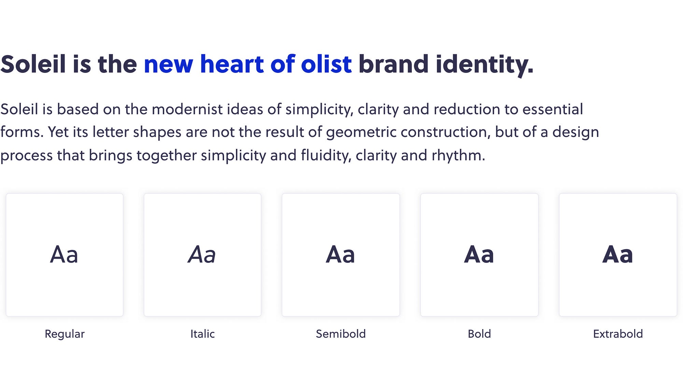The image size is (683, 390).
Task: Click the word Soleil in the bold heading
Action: [x=33, y=64]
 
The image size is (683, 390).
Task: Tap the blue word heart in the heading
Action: [x=232, y=64]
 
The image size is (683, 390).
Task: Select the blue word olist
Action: [x=326, y=64]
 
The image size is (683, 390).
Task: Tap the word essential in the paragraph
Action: [x=553, y=109]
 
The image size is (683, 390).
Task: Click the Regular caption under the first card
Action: [x=65, y=334]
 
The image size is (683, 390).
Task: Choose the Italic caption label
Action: [x=203, y=334]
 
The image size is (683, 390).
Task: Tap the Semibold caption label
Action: [x=341, y=334]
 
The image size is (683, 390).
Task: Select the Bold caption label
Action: [x=479, y=334]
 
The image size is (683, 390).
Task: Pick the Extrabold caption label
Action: [x=618, y=334]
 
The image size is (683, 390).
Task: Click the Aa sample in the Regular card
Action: [x=64, y=255]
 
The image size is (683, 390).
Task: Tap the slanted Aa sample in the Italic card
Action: [x=202, y=255]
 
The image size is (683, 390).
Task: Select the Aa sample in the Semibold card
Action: [x=340, y=255]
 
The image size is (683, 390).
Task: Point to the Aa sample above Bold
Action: [x=479, y=255]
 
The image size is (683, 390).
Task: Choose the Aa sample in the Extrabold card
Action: [x=618, y=255]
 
